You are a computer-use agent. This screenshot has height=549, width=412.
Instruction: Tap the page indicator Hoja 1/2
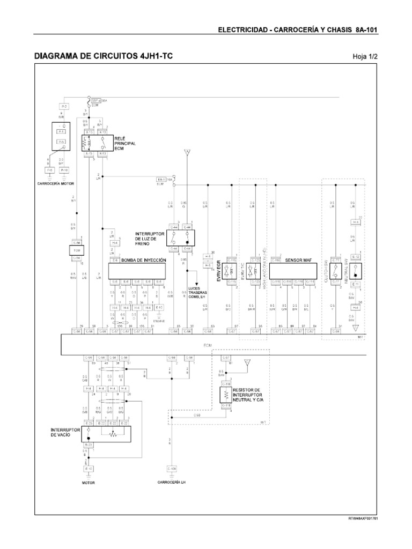(x=365, y=56)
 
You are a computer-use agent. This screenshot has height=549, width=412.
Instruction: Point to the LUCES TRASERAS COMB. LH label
(x=198, y=294)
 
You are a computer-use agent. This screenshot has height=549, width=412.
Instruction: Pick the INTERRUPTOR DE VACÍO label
(x=65, y=432)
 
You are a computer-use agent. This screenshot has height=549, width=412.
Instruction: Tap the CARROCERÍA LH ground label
(x=171, y=482)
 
